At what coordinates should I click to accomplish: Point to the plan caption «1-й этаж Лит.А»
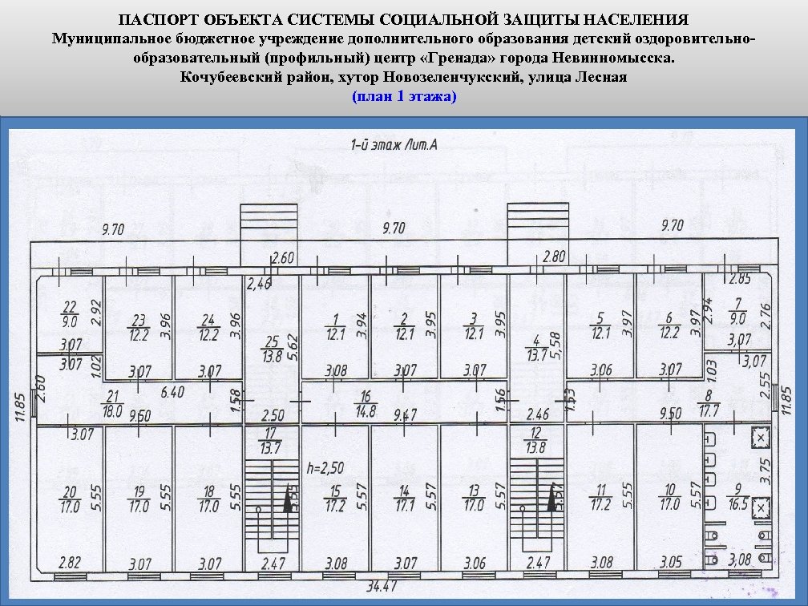pos(394,145)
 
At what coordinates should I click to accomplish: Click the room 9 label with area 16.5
pos(738,498)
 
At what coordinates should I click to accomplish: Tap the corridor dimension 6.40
pos(172,394)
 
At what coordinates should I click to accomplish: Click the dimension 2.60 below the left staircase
pos(283,258)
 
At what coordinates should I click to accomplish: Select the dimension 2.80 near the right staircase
pos(555,257)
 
